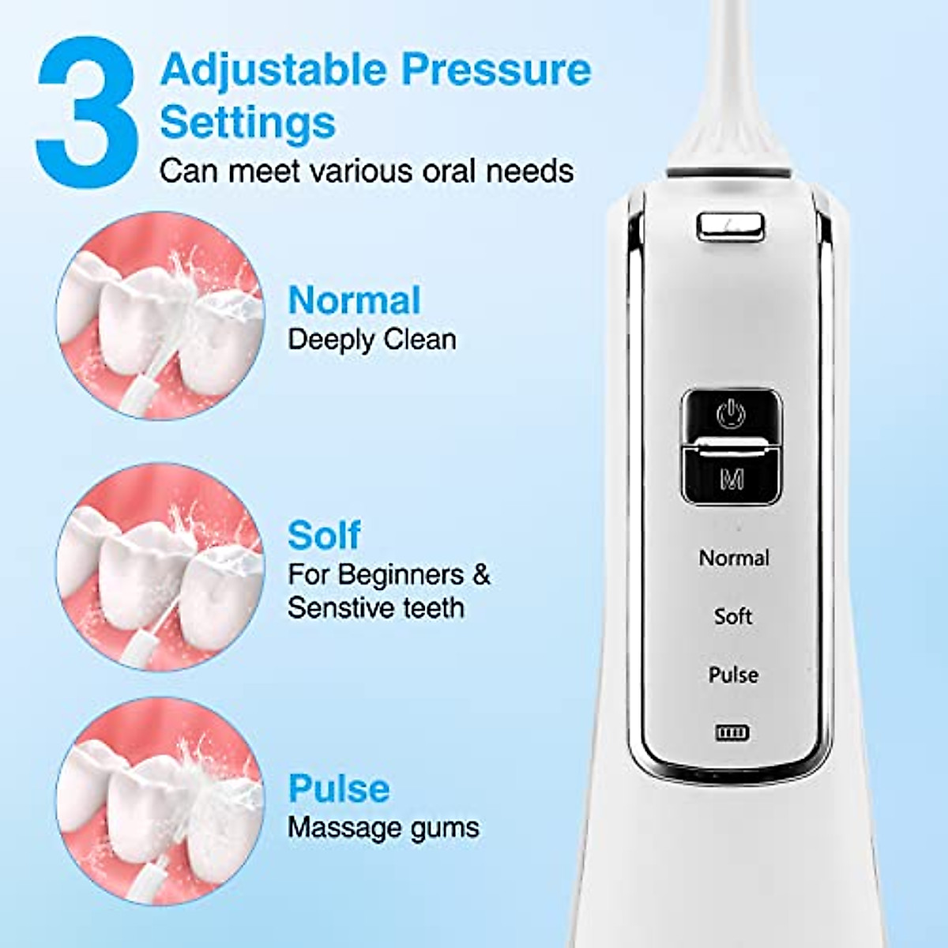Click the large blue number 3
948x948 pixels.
87,111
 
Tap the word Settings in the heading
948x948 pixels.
247,122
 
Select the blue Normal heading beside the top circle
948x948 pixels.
354,301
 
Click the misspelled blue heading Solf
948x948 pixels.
324,536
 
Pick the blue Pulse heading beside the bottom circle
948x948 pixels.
339,788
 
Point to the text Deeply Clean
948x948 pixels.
371,340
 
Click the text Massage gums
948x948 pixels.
383,827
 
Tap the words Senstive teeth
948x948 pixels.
375,608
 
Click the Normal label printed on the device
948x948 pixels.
734,558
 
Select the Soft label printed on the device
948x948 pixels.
733,616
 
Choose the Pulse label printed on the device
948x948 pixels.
733,675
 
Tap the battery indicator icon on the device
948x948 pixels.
732,733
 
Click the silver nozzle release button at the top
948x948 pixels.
731,225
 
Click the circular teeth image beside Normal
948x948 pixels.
160,316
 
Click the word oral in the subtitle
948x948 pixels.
449,171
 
